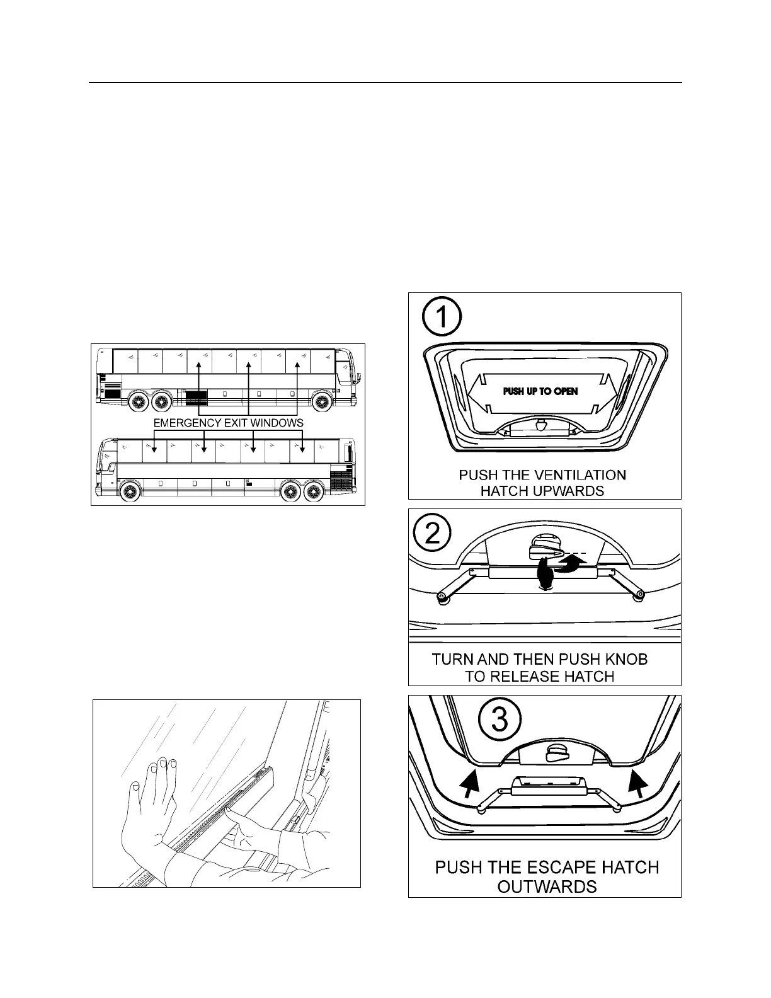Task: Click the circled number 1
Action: [x=442, y=317]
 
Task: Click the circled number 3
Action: [x=500, y=720]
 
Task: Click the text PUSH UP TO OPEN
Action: [x=540, y=391]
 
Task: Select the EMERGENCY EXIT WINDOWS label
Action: [x=228, y=423]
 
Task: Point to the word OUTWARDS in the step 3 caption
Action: [x=547, y=886]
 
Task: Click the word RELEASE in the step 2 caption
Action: [x=525, y=677]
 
